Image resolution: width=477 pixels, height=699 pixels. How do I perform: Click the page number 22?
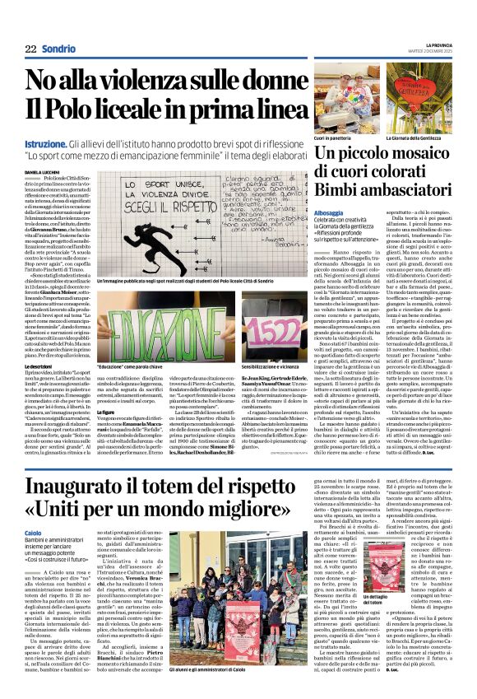(x=30, y=48)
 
